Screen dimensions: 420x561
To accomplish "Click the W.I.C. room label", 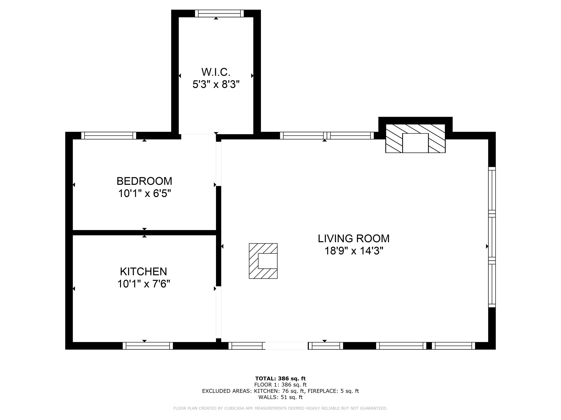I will click(216, 72).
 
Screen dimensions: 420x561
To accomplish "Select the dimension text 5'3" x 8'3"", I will click(216, 84).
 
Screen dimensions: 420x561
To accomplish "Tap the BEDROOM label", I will click(144, 181).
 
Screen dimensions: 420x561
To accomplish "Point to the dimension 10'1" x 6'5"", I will click(144, 194).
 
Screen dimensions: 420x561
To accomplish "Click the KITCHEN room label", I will click(144, 272).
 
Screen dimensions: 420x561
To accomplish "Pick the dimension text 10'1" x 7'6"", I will click(144, 284).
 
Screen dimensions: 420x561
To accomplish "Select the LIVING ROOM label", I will click(354, 239).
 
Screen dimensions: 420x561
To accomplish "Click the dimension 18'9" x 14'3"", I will click(354, 251).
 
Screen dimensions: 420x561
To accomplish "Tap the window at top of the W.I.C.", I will click(219, 13).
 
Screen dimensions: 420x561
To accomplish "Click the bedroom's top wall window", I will click(108, 136).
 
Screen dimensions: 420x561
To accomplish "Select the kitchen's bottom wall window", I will click(148, 346).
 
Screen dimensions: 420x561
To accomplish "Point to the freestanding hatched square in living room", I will click(263, 261).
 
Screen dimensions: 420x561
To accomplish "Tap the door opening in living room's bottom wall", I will click(287, 346).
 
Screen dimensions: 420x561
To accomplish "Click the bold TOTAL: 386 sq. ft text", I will click(280, 379).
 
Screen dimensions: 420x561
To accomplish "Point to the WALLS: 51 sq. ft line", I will click(280, 397).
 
